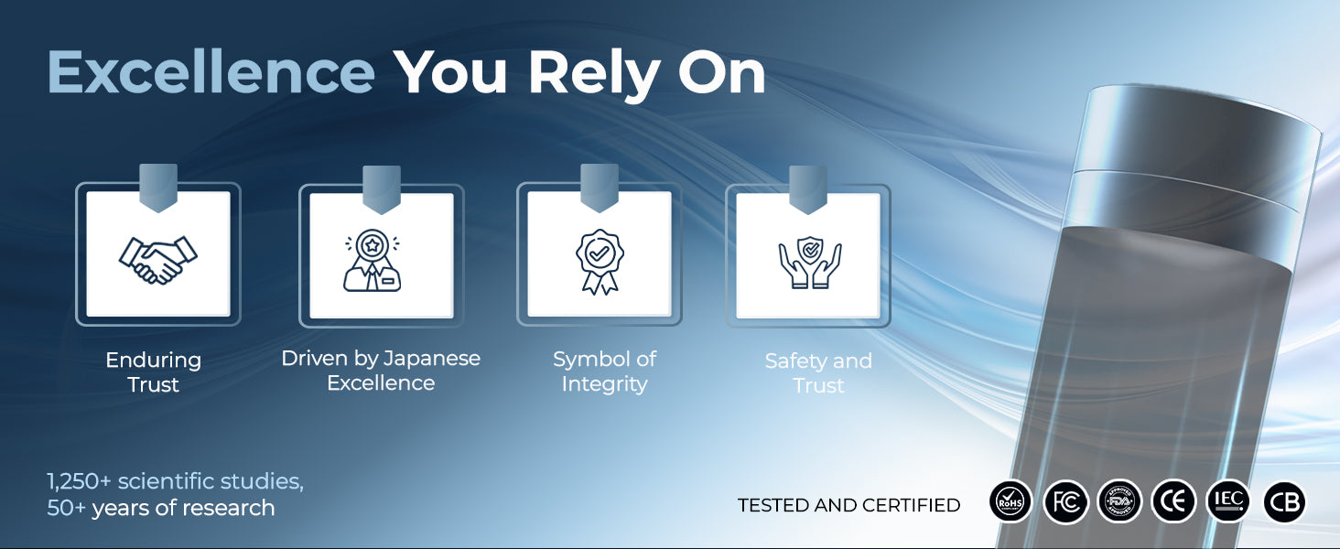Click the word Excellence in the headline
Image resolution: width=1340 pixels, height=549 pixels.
211,72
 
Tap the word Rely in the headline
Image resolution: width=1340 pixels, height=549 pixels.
594,74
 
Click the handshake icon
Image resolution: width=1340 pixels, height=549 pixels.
158,260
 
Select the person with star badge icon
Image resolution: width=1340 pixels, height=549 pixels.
373,261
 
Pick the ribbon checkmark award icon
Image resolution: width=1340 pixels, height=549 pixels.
600,262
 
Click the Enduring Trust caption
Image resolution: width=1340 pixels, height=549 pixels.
154,372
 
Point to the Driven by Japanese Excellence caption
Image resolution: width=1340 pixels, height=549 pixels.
381,371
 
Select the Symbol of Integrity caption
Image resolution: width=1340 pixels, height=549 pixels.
604,371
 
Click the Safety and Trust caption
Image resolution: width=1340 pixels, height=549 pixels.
818,372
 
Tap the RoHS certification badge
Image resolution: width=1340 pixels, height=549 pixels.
1011,501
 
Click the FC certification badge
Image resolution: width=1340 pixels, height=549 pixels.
1065,501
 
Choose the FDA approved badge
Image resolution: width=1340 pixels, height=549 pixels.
1119,501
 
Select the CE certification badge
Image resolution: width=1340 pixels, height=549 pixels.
1173,501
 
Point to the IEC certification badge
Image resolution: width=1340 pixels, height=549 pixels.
1228,501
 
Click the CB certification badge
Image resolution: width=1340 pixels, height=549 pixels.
1284,501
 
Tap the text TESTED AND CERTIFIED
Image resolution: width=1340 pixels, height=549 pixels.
848,505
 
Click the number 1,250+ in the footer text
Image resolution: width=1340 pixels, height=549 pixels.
79,481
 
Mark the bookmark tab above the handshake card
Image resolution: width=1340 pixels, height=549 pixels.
158,188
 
